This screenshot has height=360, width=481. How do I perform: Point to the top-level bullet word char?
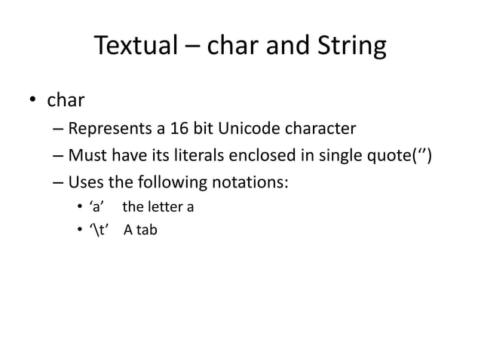[x=66, y=99]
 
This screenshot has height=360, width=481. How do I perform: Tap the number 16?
[x=179, y=127]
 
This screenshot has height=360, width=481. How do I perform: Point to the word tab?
[x=146, y=230]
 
